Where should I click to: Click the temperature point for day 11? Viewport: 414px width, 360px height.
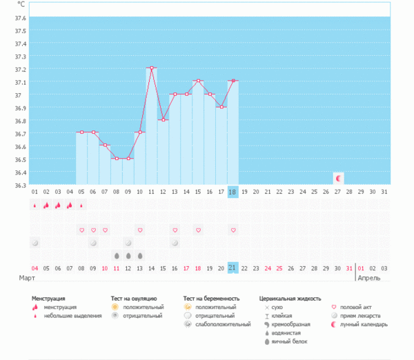(152, 68)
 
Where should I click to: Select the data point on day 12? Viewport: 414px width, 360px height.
(164, 119)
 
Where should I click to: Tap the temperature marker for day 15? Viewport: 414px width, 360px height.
(198, 81)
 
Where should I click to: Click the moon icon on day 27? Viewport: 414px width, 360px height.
(338, 179)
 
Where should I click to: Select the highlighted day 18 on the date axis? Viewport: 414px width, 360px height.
(233, 192)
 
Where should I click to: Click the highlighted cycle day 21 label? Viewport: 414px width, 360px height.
(233, 268)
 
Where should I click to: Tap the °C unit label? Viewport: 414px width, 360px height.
(23, 6)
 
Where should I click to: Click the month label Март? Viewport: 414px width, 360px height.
(27, 277)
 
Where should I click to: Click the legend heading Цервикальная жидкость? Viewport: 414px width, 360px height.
(290, 299)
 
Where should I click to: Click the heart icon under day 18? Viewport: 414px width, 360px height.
(233, 230)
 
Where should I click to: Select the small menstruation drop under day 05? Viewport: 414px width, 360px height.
(81, 205)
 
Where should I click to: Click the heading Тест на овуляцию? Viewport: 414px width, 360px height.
(138, 299)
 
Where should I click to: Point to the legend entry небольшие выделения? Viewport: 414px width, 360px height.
(68, 316)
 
